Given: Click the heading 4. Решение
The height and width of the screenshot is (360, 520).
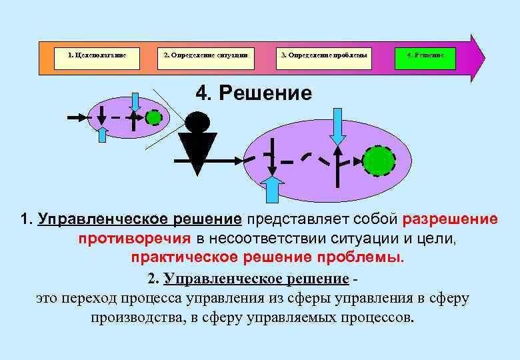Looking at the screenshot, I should click(x=253, y=93).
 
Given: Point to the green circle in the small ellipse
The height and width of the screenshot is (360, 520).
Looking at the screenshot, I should click(x=153, y=117).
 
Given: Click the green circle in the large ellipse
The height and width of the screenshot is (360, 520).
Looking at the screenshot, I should click(x=379, y=161).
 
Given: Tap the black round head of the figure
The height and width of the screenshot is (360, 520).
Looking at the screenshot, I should click(x=197, y=121).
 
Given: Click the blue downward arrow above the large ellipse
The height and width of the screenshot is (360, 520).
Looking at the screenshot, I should click(x=338, y=126).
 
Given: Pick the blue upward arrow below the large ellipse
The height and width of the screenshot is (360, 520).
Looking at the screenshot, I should click(x=272, y=188).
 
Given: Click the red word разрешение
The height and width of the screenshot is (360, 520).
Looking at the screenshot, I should click(x=449, y=219).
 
